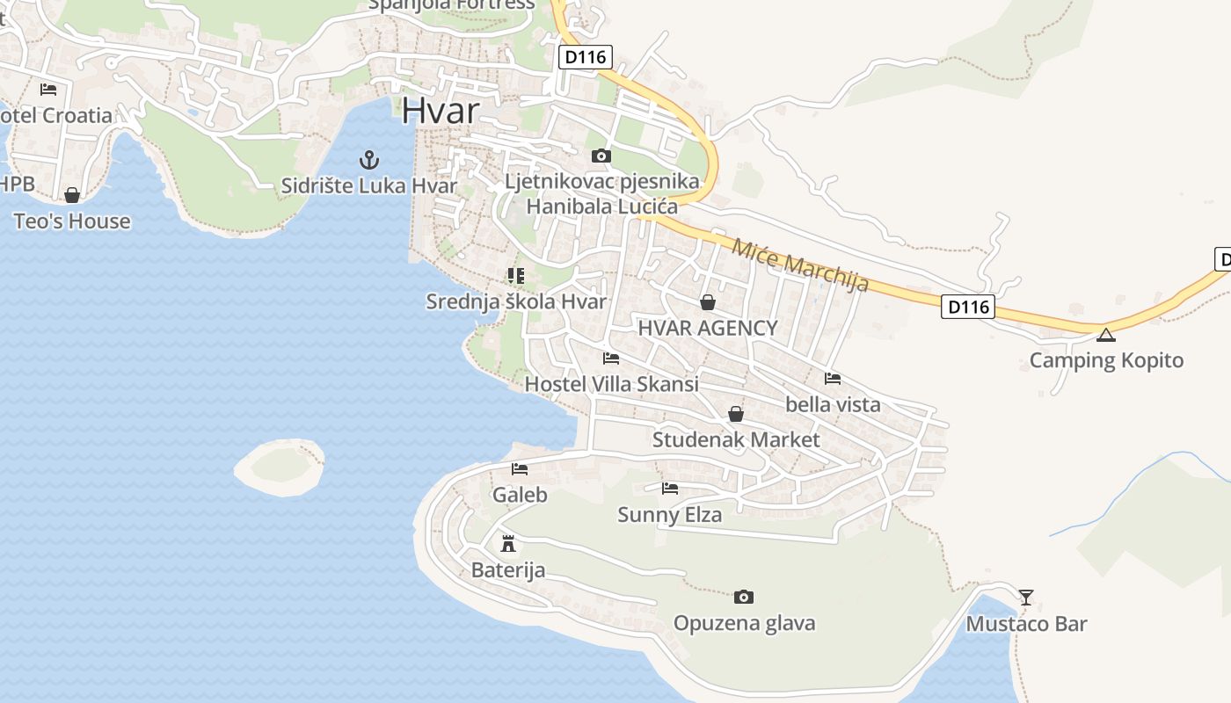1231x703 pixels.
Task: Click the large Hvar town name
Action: [441, 112]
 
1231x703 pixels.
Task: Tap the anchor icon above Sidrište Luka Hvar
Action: [369, 160]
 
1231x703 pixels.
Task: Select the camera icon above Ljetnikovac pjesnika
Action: [601, 156]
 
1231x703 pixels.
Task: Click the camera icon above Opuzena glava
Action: [744, 598]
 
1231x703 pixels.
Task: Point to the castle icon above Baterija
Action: [507, 543]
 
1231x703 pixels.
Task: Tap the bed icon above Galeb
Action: [520, 469]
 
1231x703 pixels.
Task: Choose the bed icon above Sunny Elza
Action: [670, 489]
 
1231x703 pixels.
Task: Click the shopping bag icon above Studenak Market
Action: [736, 414]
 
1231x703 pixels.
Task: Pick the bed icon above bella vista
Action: [833, 379]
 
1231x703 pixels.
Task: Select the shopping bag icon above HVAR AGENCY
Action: [708, 303]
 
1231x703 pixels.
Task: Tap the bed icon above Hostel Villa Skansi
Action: [611, 359]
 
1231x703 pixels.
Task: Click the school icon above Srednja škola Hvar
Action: [516, 276]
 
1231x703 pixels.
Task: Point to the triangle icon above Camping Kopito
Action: [1106, 335]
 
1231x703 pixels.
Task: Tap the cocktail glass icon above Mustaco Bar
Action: [1026, 598]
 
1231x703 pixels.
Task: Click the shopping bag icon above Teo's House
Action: [72, 195]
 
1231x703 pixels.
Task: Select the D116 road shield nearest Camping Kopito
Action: [967, 308]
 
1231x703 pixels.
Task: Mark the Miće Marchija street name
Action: [800, 265]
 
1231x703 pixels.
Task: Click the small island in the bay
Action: [280, 466]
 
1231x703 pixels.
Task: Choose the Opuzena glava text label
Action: [744, 624]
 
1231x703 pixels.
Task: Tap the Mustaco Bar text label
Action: [1026, 625]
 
